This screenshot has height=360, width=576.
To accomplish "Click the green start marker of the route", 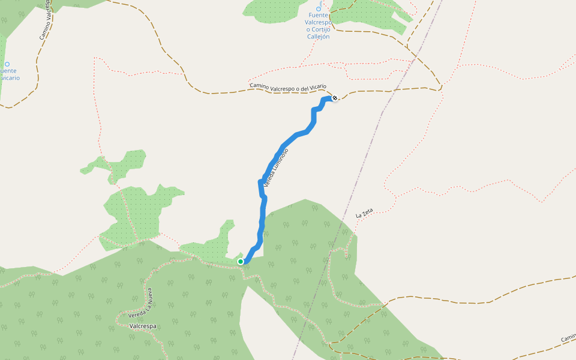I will [x=241, y=262].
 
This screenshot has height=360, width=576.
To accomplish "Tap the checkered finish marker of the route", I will [x=334, y=98].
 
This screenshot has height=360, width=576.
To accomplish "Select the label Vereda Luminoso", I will [x=276, y=164].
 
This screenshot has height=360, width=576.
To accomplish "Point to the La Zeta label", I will [x=364, y=212].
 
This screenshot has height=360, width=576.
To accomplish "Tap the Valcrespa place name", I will [x=143, y=326].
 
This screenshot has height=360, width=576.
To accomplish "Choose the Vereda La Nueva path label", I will [x=140, y=305].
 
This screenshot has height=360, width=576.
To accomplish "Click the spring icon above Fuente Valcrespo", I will [x=319, y=8].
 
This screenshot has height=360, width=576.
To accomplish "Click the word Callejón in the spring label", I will [x=319, y=37].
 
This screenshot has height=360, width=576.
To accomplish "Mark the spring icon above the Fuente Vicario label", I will [x=7, y=64].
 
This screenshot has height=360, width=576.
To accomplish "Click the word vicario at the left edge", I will [x=10, y=78].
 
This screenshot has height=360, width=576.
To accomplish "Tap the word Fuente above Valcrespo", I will [x=319, y=15].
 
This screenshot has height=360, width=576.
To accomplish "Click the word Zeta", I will [x=368, y=211].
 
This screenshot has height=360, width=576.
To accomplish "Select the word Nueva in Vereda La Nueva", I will [x=149, y=298].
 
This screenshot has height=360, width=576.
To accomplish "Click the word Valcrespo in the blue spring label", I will [x=319, y=22].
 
